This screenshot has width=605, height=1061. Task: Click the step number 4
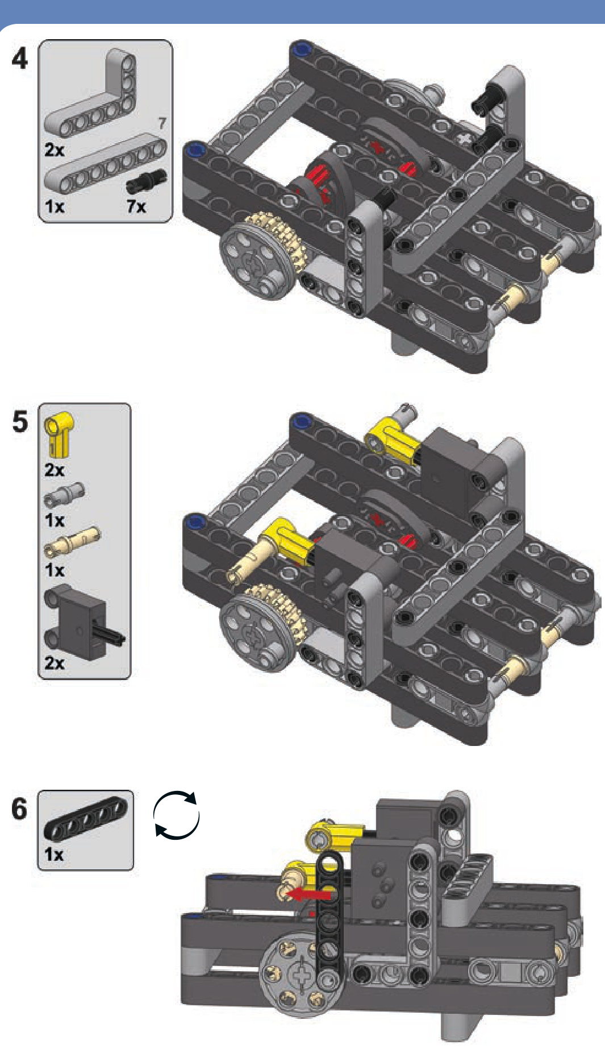(19, 59)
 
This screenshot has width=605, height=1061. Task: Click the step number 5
(20, 422)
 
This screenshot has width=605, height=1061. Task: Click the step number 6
(19, 809)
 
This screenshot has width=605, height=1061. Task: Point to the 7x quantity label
(136, 206)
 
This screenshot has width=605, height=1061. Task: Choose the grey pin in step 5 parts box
(64, 494)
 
